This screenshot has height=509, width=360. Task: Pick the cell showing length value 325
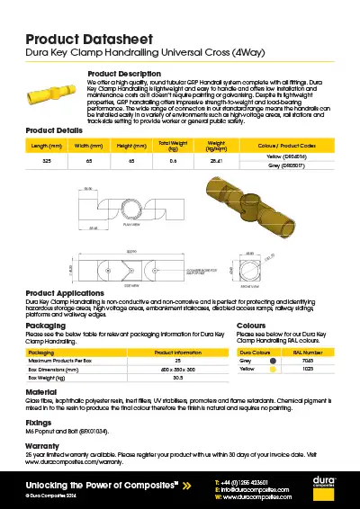45,160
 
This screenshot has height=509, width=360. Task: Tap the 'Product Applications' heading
71,293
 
